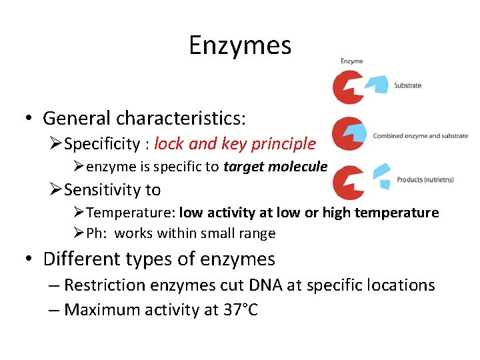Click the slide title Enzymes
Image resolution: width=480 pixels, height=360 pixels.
pyautogui.click(x=240, y=45)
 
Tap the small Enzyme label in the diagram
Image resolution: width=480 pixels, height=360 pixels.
pyautogui.click(x=351, y=61)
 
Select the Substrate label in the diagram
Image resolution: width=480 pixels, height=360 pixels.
pyautogui.click(x=407, y=85)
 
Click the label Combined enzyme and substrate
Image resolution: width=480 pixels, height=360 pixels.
pyautogui.click(x=420, y=136)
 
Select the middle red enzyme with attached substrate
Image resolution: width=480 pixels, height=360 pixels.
pyautogui.click(x=347, y=133)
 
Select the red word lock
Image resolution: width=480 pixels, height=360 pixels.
pyautogui.click(x=169, y=144)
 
